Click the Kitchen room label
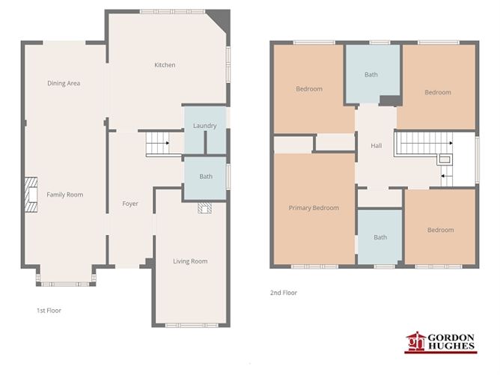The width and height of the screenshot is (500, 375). (x=165, y=65)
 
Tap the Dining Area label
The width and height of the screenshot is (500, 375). (x=64, y=83)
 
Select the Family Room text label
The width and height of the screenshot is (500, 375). (x=65, y=195)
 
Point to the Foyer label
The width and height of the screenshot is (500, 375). (x=130, y=204)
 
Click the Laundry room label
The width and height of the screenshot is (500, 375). (x=204, y=126)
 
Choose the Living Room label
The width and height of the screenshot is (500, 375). (x=190, y=261)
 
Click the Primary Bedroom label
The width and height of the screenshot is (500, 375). (x=314, y=208)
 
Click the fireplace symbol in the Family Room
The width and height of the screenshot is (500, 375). (x=31, y=195)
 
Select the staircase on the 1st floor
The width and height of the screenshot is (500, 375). (x=157, y=141)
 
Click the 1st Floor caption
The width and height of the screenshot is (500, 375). (x=49, y=309)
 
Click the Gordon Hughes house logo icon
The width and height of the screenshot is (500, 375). (x=415, y=343)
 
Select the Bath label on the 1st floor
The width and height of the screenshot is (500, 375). (x=205, y=177)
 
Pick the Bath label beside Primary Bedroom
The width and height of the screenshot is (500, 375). (x=380, y=237)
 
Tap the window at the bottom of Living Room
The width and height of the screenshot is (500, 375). (x=190, y=325)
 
